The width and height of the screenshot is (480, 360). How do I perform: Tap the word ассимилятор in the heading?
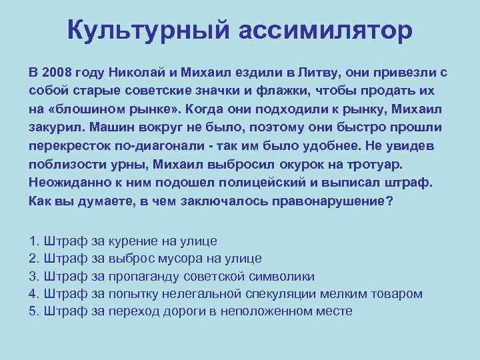[x=320, y=31]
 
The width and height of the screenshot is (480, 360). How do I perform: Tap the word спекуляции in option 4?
[x=279, y=293]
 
